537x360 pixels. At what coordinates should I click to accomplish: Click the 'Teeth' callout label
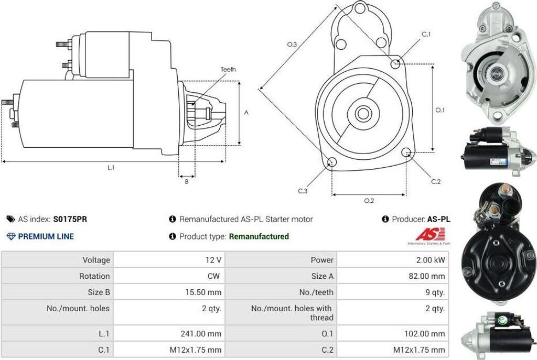tap(228, 69)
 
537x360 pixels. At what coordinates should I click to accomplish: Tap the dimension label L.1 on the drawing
tap(111, 168)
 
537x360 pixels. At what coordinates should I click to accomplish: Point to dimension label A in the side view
tap(246, 112)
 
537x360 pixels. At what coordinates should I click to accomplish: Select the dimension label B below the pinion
tap(186, 182)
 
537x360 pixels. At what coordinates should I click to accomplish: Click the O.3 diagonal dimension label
tap(292, 45)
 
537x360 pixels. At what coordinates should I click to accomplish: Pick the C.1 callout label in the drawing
tap(426, 35)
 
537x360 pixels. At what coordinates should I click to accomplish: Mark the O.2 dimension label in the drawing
tap(369, 200)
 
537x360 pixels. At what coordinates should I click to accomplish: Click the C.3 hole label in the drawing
tap(303, 191)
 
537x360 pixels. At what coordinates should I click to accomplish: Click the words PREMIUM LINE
tap(46, 236)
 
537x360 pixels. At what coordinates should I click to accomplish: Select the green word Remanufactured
tap(259, 236)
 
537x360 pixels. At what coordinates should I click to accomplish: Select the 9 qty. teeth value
tap(435, 292)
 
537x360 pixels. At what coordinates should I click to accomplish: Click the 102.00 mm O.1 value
tap(428, 334)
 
